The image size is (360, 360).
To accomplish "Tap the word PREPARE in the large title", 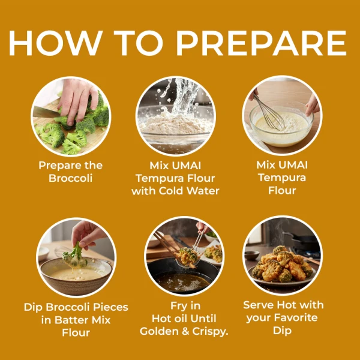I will tap(261, 43).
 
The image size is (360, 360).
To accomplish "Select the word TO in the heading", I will tap(140, 43).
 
